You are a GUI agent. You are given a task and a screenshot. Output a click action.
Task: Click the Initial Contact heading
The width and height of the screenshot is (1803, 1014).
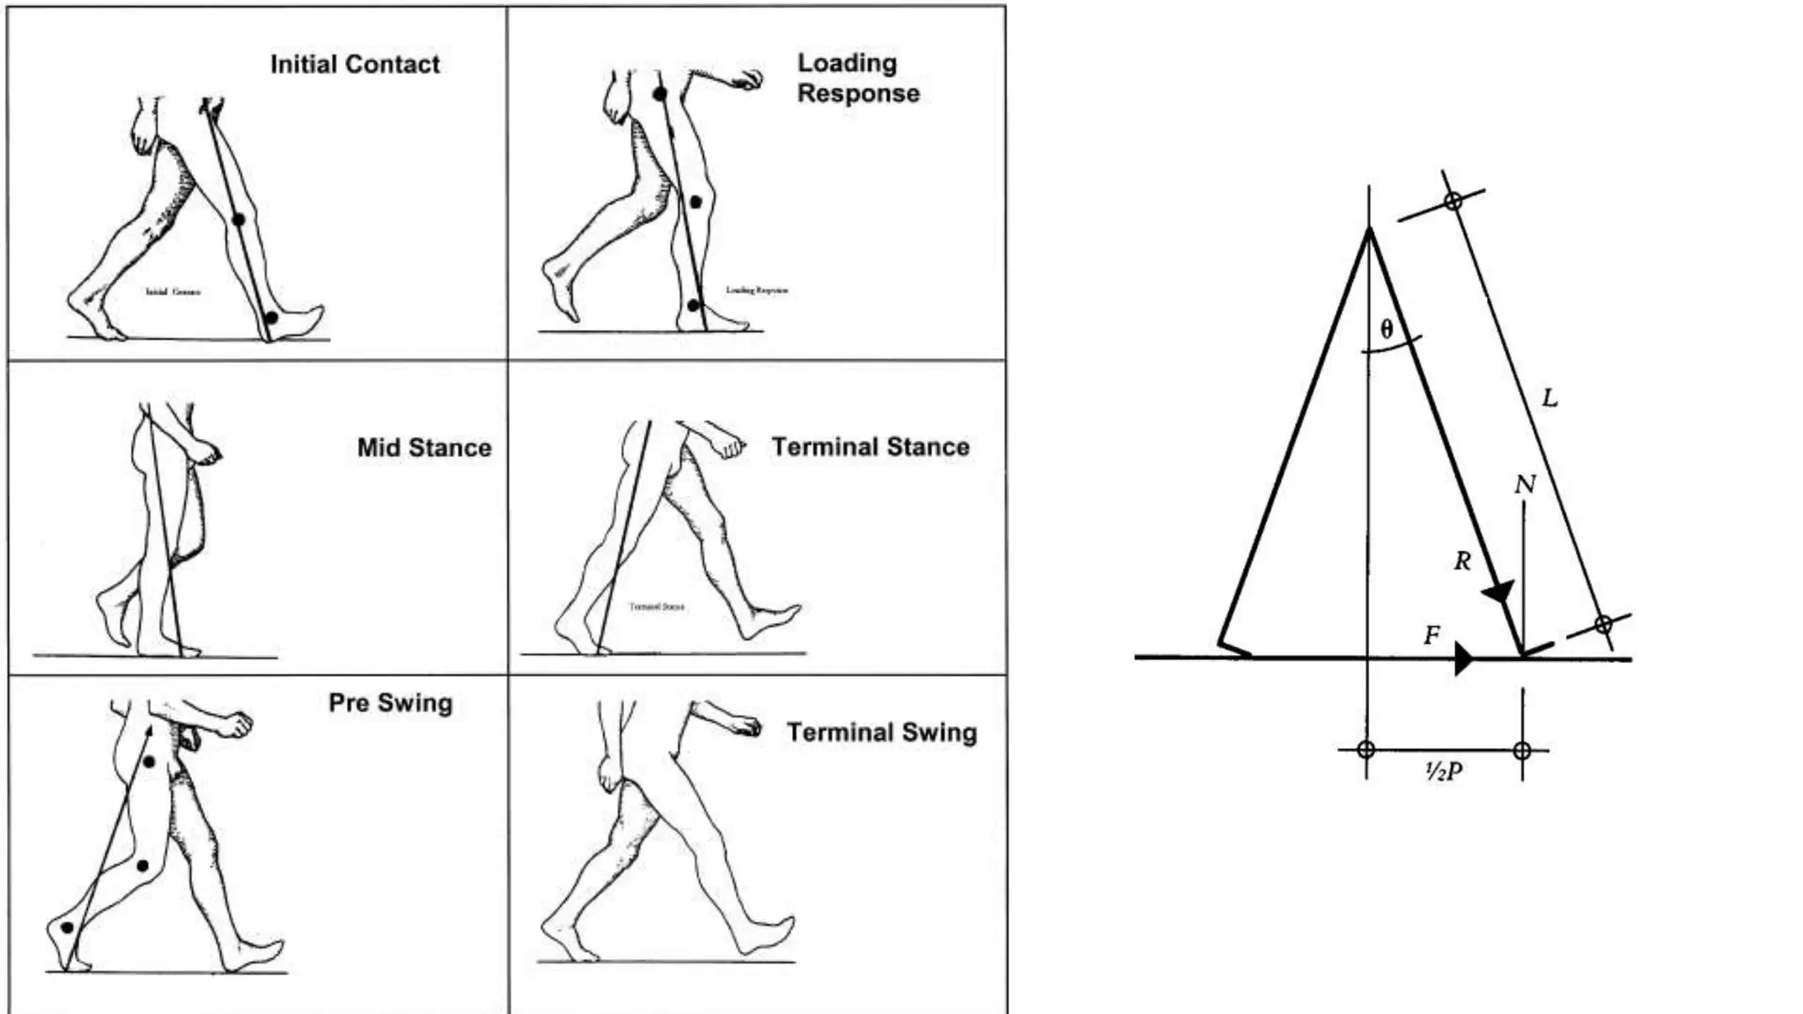click(x=355, y=64)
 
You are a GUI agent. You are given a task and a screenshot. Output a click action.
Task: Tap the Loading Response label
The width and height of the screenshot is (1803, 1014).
click(x=857, y=78)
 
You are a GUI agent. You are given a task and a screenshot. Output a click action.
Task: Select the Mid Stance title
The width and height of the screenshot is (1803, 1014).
click(x=423, y=447)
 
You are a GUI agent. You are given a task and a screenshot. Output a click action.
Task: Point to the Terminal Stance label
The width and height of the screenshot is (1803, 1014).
click(x=870, y=446)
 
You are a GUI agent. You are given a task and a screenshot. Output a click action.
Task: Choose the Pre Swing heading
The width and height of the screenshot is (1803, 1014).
click(x=390, y=702)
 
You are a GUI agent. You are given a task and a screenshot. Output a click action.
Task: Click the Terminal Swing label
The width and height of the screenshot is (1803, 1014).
click(x=881, y=732)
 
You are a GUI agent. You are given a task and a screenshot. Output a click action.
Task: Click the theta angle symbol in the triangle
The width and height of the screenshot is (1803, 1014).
click(x=1387, y=329)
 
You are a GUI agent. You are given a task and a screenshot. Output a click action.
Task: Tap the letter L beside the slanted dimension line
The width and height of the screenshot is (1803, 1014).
click(x=1549, y=398)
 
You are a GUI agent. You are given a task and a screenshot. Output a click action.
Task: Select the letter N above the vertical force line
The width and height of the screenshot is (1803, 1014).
click(x=1525, y=484)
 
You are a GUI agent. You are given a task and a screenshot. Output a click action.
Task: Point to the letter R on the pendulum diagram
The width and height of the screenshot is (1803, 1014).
click(x=1462, y=561)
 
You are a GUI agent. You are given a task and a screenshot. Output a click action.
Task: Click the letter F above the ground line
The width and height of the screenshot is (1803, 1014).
click(x=1432, y=635)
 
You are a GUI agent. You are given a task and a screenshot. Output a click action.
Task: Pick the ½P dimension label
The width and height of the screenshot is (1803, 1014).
click(x=1444, y=772)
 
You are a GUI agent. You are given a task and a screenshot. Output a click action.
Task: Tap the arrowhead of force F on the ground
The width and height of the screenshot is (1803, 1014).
click(x=1463, y=658)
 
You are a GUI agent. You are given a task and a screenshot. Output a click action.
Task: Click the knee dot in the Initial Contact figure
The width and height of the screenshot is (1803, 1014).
click(x=238, y=219)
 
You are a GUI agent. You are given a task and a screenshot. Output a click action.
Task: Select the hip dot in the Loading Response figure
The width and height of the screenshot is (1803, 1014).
click(x=659, y=93)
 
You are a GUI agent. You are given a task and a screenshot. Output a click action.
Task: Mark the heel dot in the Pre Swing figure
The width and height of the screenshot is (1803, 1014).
click(x=67, y=928)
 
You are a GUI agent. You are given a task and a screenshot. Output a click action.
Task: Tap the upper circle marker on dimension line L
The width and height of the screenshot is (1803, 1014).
click(x=1453, y=201)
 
